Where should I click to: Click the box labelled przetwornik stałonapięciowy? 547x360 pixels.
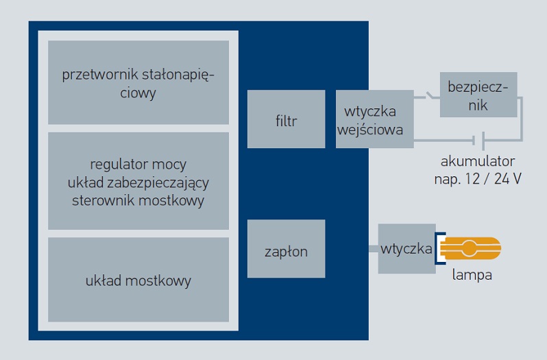pos(138,82)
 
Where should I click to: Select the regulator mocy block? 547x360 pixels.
pos(138,181)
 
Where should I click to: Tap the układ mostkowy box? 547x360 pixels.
pos(138,280)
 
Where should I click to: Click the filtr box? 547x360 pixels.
pos(286,119)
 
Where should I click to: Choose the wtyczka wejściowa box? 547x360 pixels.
pos(374,119)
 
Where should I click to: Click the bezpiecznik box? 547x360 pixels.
pos(478,96)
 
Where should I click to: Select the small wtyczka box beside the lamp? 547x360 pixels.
pos(406,248)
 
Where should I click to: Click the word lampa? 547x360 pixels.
pos(472,276)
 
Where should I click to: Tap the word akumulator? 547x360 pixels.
pos(478,162)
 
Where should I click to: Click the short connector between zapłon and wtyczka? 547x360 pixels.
pos(372,248)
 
